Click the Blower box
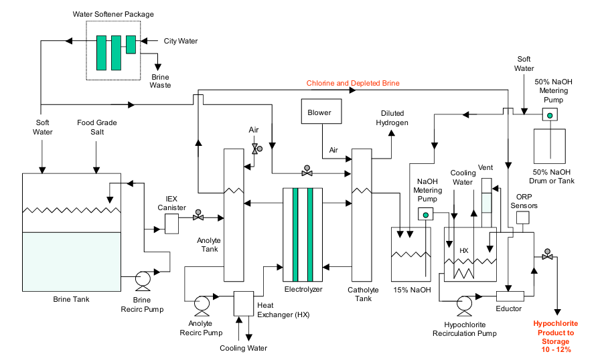pyautogui.click(x=321, y=111)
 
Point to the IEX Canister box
pyautogui.click(x=171, y=223)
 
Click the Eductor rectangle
pyautogui.click(x=510, y=296)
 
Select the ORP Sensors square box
pyautogui.click(x=523, y=217)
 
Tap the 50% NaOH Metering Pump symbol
pyautogui.click(x=550, y=115)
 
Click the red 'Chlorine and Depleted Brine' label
pyautogui.click(x=353, y=83)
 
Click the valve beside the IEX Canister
pyautogui.click(x=198, y=215)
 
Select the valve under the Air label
pyautogui.click(x=256, y=149)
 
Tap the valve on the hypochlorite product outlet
pyautogui.click(x=547, y=254)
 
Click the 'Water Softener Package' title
pyautogui.click(x=113, y=14)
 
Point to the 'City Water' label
pyautogui.click(x=181, y=41)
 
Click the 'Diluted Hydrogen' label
pyautogui.click(x=392, y=118)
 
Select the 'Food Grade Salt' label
pyautogui.click(x=97, y=127)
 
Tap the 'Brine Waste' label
pyautogui.click(x=160, y=81)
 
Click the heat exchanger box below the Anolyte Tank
pyautogui.click(x=244, y=304)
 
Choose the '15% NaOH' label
pyautogui.click(x=412, y=290)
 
